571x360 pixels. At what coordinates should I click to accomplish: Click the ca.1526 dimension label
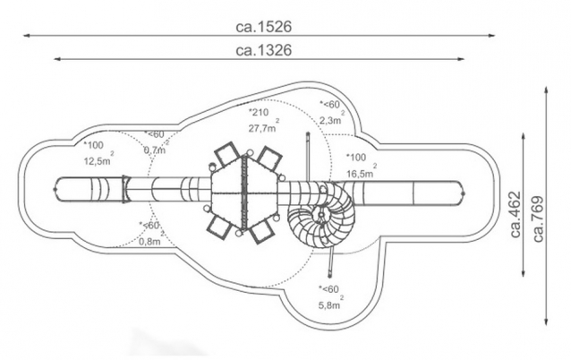pos(264,27)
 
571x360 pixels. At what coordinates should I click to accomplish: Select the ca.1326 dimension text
pos(264,50)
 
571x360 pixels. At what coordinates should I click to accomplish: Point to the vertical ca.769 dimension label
pos(538,216)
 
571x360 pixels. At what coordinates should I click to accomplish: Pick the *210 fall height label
pos(259,113)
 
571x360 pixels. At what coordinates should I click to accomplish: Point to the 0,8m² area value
pos(149,241)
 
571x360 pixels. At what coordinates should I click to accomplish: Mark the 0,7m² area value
pos(156,149)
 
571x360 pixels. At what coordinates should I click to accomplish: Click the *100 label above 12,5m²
pos(94,145)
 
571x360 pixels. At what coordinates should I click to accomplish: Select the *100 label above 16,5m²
pos(357,157)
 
